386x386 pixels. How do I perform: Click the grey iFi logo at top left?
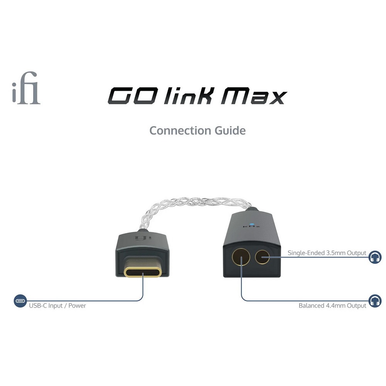26,88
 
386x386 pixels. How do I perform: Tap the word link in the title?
189,95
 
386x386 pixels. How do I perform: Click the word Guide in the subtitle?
230,130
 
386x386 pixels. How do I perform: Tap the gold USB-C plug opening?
143,272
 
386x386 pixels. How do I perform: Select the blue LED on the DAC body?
251,224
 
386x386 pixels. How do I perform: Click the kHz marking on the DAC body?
251,227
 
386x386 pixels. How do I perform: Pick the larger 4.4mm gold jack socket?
241,257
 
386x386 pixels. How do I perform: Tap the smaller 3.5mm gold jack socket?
262,257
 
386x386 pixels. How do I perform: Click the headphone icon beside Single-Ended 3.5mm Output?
375,257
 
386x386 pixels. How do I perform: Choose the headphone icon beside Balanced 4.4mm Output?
375,301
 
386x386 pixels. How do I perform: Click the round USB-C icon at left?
20,301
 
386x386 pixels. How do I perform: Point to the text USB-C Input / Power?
58,306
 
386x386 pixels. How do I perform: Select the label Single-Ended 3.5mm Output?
327,253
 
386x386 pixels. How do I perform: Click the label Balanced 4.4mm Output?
332,306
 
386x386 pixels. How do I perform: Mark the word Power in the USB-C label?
77,306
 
